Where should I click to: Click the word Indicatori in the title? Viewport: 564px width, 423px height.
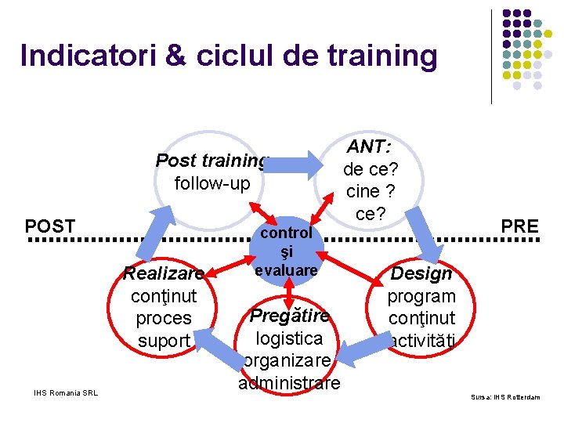pos(87,56)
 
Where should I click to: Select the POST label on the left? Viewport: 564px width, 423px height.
pos(51,226)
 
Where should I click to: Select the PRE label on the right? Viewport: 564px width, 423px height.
pos(520,226)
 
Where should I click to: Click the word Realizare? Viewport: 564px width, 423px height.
pos(163,273)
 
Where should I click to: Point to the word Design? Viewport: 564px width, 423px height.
pos(421,273)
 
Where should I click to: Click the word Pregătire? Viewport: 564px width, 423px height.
pos(289,316)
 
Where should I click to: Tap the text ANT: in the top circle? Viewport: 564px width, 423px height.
pos(371,147)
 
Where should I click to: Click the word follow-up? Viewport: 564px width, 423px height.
pos(212,183)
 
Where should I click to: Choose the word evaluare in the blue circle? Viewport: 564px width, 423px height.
pos(287,270)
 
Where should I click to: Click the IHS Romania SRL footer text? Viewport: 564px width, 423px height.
pos(66,392)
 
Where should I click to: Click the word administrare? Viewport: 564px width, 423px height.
pos(289,383)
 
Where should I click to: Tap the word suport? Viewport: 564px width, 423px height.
pos(164,341)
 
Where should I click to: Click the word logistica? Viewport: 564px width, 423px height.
pos(289,338)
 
